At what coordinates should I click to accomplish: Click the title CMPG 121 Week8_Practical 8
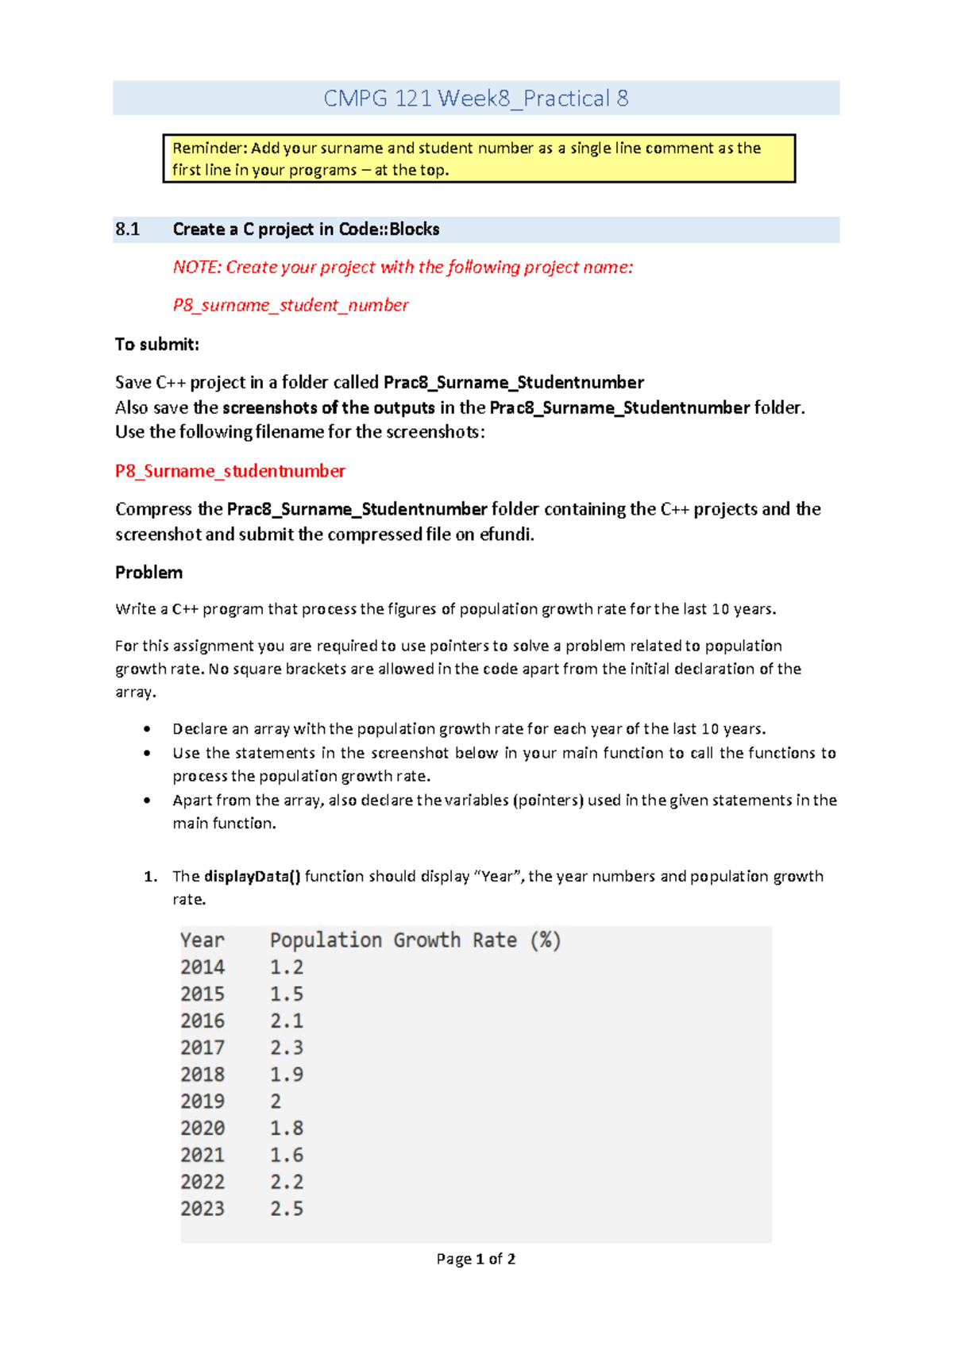pos(476,98)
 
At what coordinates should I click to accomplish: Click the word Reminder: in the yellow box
pos(210,149)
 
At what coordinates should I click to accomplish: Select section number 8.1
pos(127,230)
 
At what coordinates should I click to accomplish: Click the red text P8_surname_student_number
pos(291,305)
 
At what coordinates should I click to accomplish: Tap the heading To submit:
pos(156,345)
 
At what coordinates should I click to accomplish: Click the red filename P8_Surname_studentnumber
pos(230,471)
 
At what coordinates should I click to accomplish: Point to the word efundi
pos(505,535)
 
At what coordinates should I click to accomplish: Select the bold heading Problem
pos(149,573)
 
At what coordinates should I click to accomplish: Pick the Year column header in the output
pos(203,940)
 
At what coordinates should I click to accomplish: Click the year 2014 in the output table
pos(203,967)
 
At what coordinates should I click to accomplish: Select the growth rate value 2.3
pos(287,1048)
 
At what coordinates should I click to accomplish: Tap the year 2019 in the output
pos(203,1102)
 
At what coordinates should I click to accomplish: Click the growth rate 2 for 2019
pos(276,1102)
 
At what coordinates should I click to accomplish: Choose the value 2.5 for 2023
pos(287,1209)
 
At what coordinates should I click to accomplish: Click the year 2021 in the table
pos(203,1155)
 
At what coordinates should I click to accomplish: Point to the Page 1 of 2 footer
pos(476,1259)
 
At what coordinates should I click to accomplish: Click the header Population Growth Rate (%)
pos(415,940)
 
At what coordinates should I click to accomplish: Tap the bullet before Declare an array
pos(147,729)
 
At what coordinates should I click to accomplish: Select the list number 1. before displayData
pos(150,877)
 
